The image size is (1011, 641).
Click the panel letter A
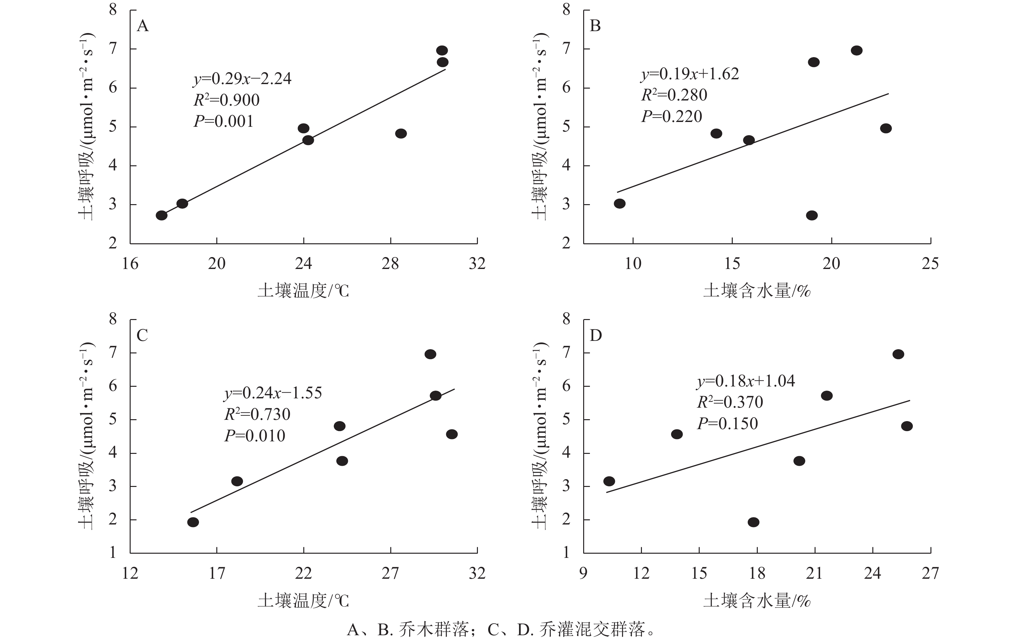pos(143,26)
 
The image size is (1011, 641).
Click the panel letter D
pos(596,335)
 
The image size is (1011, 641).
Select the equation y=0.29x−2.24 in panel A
pos(242,79)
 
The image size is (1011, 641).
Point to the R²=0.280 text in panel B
pos(674,95)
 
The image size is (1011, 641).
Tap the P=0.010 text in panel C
pos(255,436)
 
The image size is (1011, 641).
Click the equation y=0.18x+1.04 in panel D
pos(746,381)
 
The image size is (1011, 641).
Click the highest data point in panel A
pos(442,51)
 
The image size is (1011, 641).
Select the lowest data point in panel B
pos(812,215)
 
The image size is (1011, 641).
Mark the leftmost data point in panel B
pos(620,204)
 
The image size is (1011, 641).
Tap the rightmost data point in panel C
pos(452,434)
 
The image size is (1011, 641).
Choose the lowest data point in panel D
pos(754,522)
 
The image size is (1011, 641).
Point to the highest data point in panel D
pos(898,354)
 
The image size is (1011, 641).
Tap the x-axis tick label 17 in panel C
pos(217,573)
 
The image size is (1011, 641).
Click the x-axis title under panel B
pos(756,290)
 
